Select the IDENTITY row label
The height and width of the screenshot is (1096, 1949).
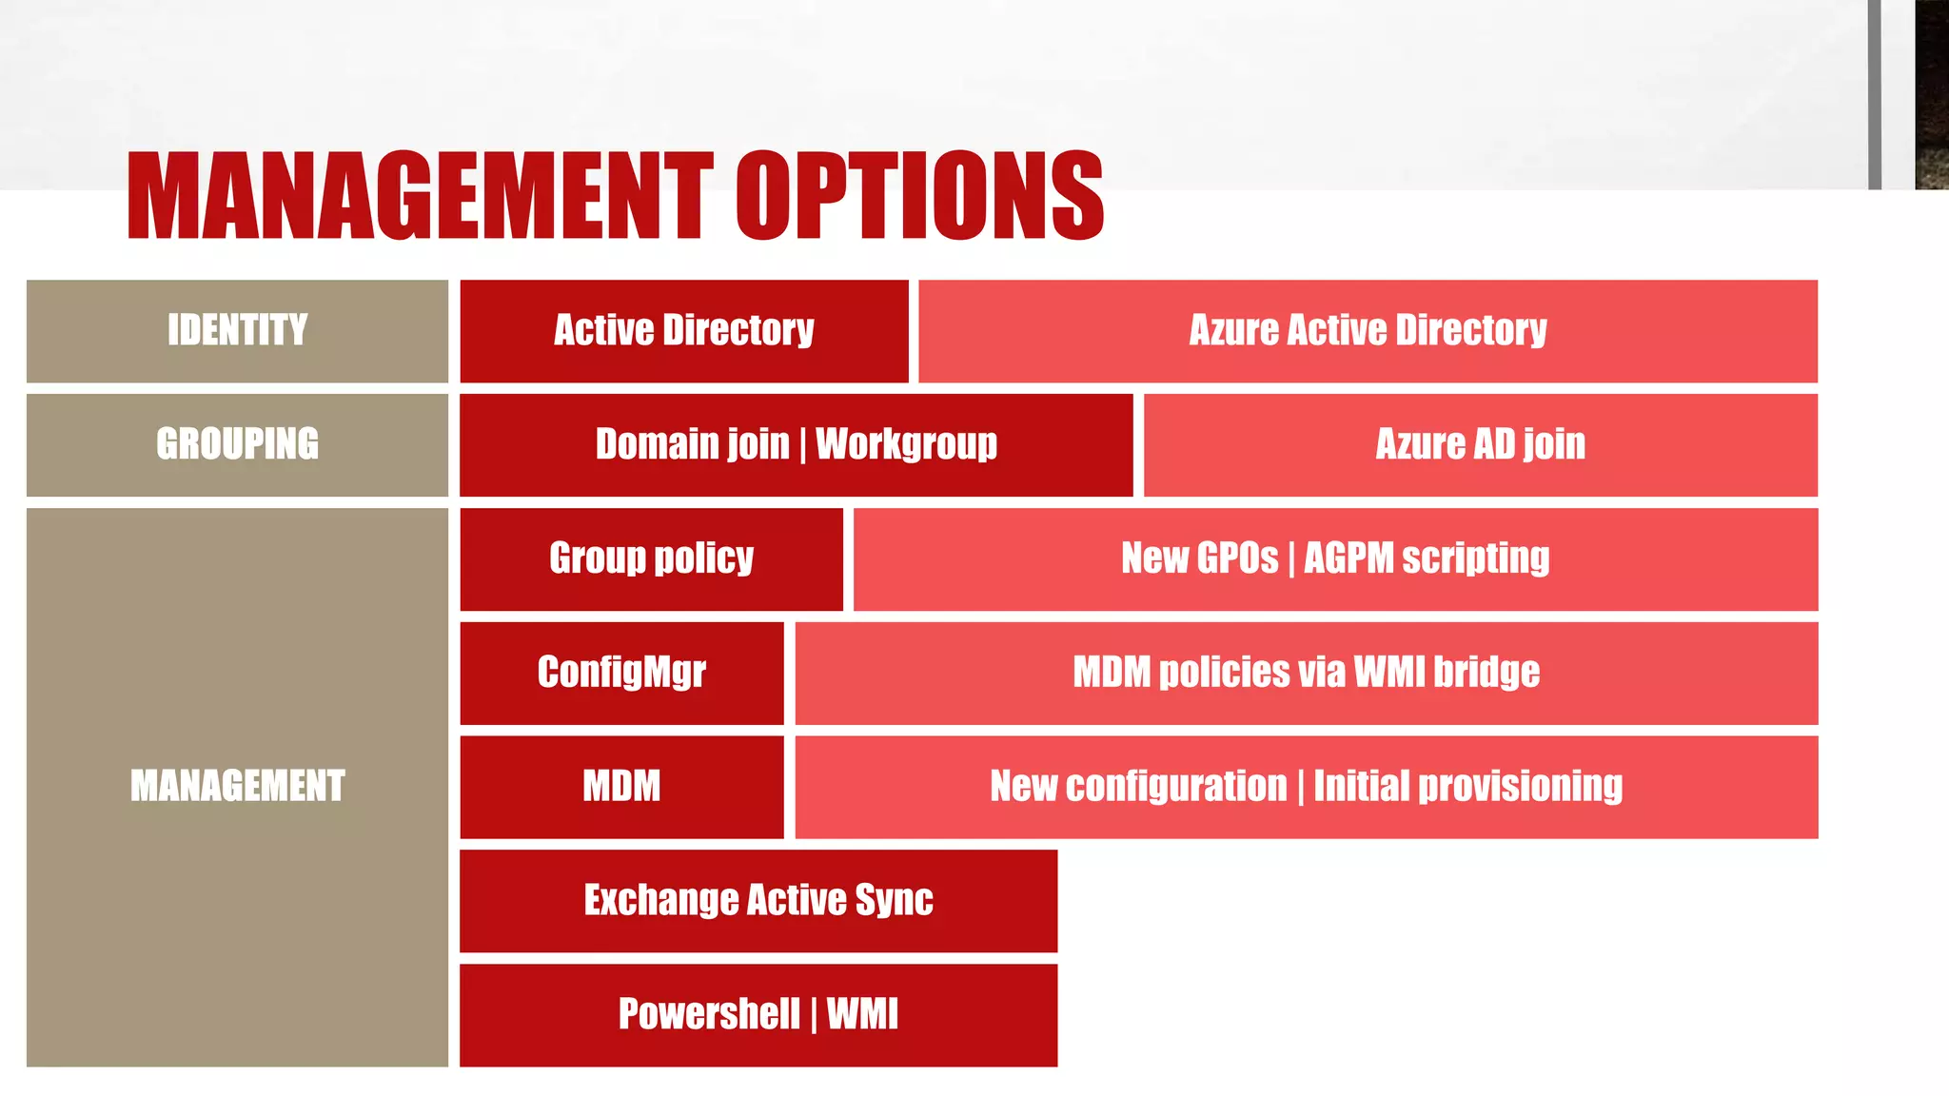[x=237, y=331]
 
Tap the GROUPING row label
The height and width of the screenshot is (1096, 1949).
[x=237, y=444]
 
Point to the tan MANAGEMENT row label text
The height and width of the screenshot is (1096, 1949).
[x=237, y=786]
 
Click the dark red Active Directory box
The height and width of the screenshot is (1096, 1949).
[x=683, y=331]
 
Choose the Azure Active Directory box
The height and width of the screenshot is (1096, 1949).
[x=1368, y=331]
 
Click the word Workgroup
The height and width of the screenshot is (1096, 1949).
[x=906, y=444]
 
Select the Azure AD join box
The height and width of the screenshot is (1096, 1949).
[x=1480, y=444]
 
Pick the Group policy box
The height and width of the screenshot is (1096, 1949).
[x=651, y=558]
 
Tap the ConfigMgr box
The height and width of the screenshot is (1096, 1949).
[x=621, y=673]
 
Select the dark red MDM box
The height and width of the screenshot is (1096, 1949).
[x=621, y=787]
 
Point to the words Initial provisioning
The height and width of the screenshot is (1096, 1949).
[x=1467, y=787]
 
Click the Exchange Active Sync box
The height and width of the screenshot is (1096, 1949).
[x=758, y=900]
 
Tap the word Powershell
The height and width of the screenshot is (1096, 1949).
[x=709, y=1014]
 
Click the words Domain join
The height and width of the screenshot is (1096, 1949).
[x=692, y=444]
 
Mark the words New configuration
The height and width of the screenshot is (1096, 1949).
[x=1138, y=787]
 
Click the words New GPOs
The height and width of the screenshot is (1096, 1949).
[x=1199, y=558]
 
